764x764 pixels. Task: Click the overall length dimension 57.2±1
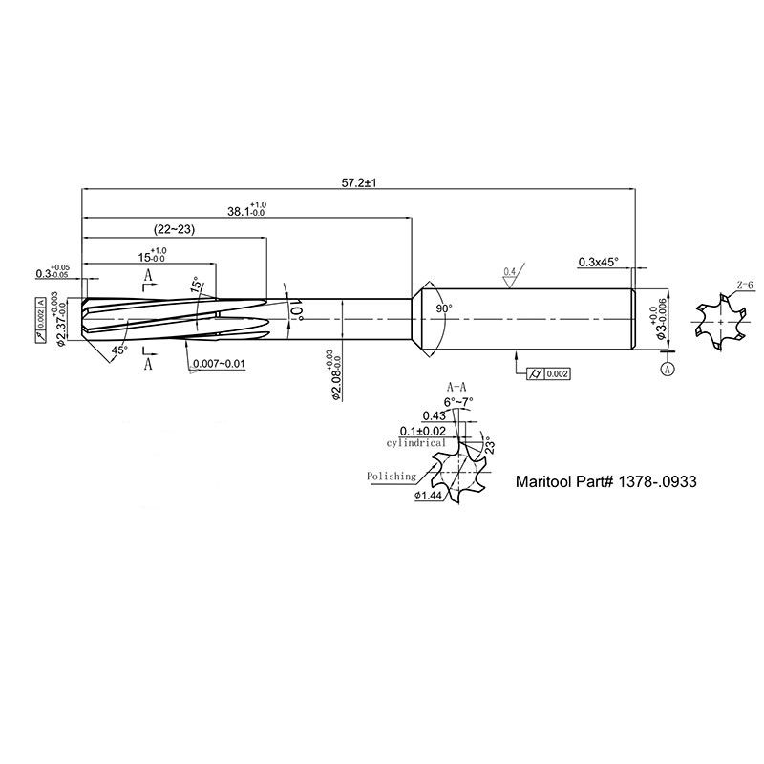360,183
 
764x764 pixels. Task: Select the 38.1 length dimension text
247,209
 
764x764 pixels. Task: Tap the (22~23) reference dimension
174,229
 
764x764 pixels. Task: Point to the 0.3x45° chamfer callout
599,262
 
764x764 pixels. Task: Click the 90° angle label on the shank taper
444,308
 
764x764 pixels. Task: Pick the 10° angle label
296,310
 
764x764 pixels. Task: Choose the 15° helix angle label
197,285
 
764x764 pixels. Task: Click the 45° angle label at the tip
119,350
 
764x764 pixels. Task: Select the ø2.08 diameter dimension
335,375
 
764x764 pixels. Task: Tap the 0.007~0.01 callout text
219,364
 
